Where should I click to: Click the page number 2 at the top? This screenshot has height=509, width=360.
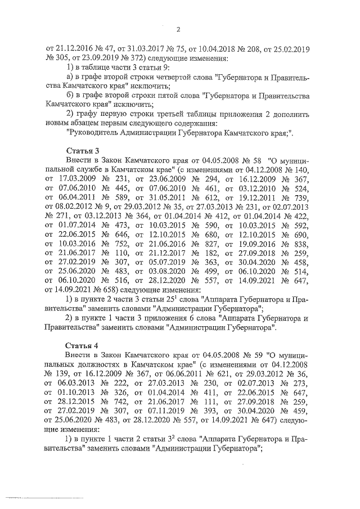(x=178, y=30)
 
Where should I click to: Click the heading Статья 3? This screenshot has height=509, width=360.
(x=83, y=150)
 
